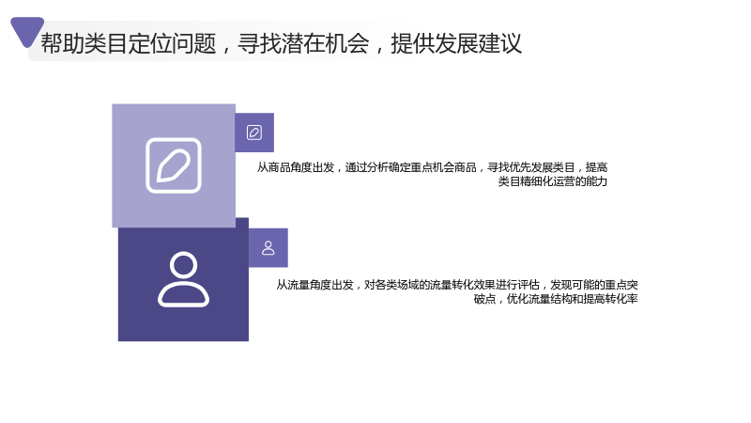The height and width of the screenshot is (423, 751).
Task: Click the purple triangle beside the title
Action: pos(26,30)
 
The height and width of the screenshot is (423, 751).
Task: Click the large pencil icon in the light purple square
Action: pos(174,165)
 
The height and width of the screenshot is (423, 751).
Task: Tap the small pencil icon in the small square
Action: pos(254,133)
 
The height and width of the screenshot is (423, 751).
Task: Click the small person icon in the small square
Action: pos(268,248)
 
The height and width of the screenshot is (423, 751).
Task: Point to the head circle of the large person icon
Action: pos(183,265)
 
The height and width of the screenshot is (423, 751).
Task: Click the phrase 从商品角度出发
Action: pos(296,167)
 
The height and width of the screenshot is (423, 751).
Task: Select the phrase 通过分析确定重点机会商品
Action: pos(411,167)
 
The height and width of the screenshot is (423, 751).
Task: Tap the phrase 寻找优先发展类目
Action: pos(531,167)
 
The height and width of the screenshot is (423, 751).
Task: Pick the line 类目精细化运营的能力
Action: pos(553,181)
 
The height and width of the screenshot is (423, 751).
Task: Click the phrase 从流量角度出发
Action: pos(314,285)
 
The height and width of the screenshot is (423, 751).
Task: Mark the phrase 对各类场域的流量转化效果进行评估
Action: pos(452,285)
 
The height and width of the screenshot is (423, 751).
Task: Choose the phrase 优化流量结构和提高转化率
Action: pos(573,299)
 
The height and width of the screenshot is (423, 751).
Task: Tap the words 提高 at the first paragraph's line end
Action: pos(597,167)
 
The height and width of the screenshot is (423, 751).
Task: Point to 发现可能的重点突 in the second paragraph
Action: pos(594,285)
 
